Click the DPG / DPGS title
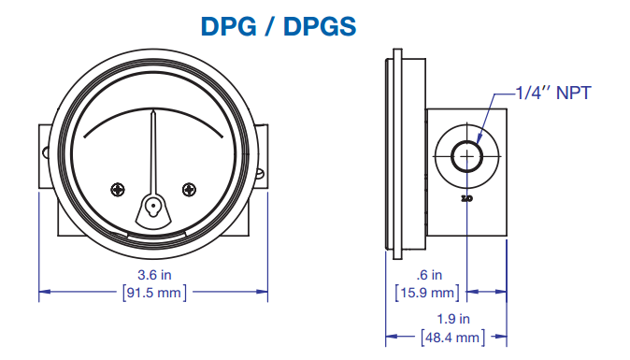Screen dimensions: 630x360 click(x=278, y=26)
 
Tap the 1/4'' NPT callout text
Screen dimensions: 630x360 click(x=553, y=94)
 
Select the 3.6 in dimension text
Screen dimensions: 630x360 click(x=154, y=275)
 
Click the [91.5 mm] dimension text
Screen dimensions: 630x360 click(x=154, y=293)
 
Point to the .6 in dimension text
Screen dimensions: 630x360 click(x=429, y=275)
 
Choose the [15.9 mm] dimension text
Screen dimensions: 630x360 click(x=427, y=293)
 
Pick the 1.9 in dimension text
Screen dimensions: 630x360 click(x=453, y=319)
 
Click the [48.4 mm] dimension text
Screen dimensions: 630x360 click(x=453, y=338)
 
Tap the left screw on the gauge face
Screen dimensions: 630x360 click(x=118, y=190)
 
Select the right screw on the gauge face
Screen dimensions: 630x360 click(x=189, y=190)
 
